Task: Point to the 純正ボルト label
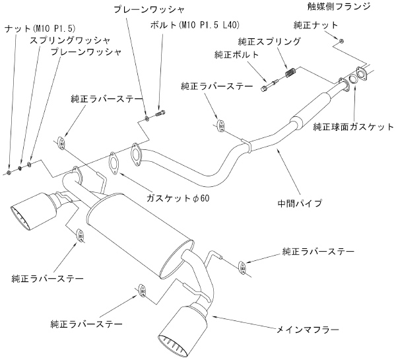click(x=236, y=54)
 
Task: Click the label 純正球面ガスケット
click(x=353, y=126)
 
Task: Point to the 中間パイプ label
click(x=300, y=202)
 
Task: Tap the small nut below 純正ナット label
click(x=339, y=42)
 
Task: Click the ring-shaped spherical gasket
click(x=353, y=79)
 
